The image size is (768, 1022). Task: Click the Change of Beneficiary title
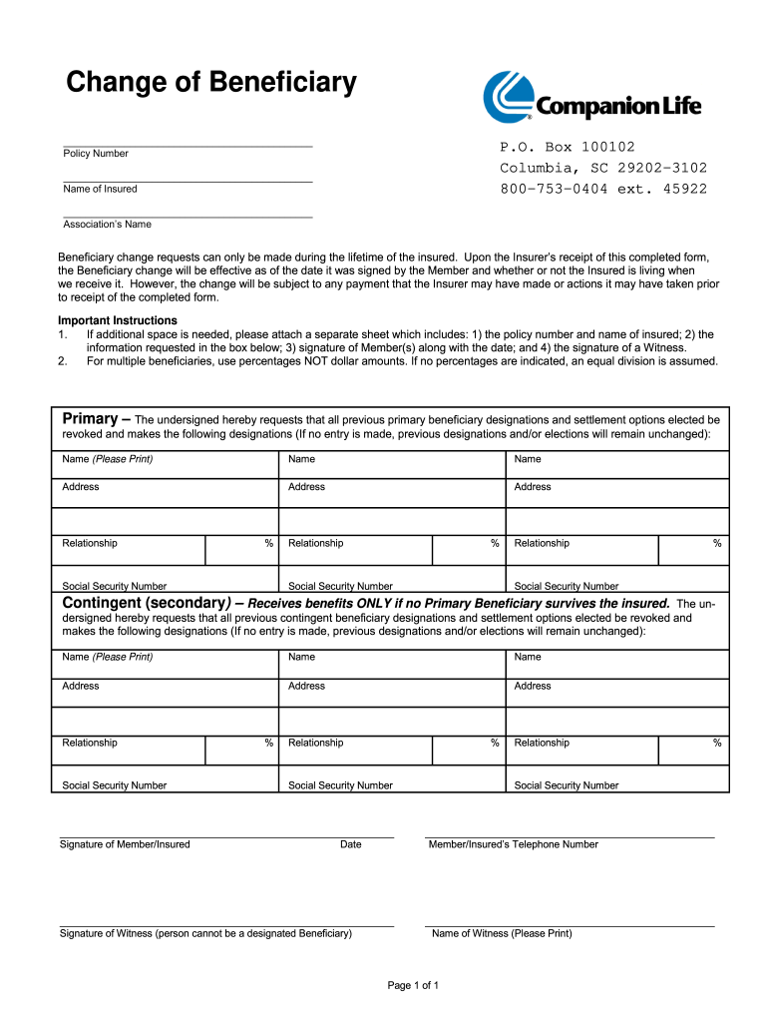pyautogui.click(x=210, y=83)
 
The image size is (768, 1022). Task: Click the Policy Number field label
pyautogui.click(x=96, y=154)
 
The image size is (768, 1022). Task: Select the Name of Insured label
pyautogui.click(x=100, y=189)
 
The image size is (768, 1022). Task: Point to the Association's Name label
pyautogui.click(x=107, y=225)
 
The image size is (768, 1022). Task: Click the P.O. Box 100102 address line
pyautogui.click(x=567, y=147)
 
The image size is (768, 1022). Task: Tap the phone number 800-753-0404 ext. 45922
pyautogui.click(x=602, y=189)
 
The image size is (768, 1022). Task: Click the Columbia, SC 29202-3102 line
pyautogui.click(x=602, y=168)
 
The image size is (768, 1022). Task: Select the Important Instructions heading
pyautogui.click(x=118, y=320)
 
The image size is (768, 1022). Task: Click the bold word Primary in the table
pyautogui.click(x=90, y=419)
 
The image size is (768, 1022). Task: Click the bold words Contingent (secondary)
pyautogui.click(x=147, y=603)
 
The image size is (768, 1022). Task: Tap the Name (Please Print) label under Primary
pyautogui.click(x=107, y=459)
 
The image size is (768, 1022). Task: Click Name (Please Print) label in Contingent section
pyautogui.click(x=107, y=657)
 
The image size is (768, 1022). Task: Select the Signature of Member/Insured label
pyautogui.click(x=125, y=844)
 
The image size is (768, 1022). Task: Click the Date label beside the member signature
pyautogui.click(x=350, y=844)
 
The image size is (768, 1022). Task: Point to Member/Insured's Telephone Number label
pyautogui.click(x=513, y=844)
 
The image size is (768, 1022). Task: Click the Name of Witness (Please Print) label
pyautogui.click(x=502, y=934)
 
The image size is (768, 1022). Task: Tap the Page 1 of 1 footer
pyautogui.click(x=413, y=986)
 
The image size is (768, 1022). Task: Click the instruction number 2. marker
pyautogui.click(x=63, y=361)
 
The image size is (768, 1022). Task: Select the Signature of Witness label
pyautogui.click(x=205, y=934)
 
